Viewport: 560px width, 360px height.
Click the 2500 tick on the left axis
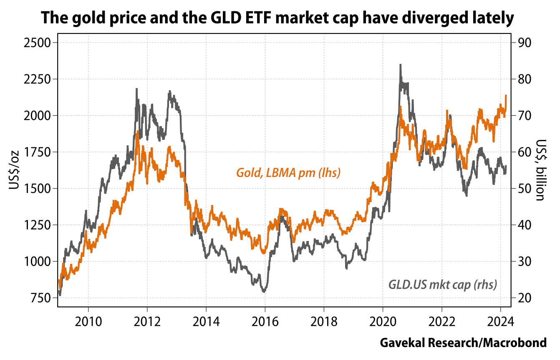click(x=38, y=43)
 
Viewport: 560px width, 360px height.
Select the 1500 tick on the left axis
click(x=38, y=188)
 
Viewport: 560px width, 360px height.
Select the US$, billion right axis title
click(x=541, y=170)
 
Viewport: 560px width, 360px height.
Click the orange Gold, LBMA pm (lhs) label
click(x=288, y=172)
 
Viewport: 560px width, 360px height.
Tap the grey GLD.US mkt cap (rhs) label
click(x=443, y=285)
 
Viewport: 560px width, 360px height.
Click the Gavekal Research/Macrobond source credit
click(x=463, y=343)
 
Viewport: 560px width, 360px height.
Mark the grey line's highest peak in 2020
click(x=401, y=65)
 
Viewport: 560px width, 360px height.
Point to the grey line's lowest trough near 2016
click(x=264, y=291)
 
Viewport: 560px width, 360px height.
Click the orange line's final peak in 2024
click(x=506, y=96)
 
